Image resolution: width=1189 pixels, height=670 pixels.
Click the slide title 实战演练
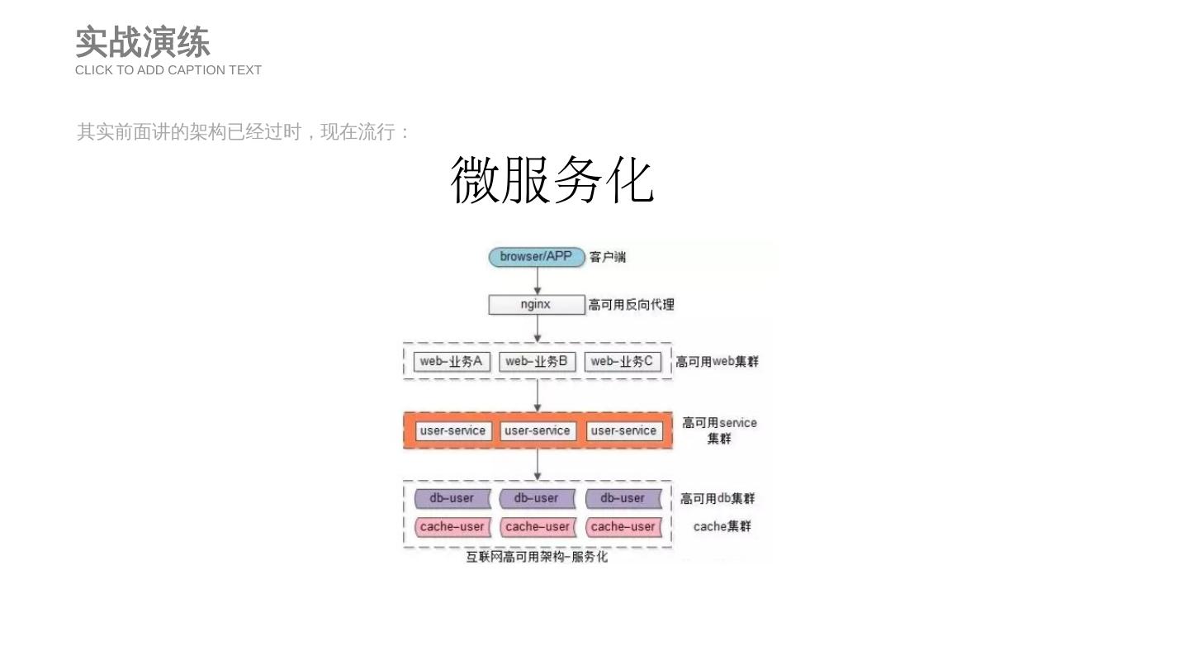[142, 42]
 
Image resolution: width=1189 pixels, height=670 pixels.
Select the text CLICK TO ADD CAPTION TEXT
[168, 70]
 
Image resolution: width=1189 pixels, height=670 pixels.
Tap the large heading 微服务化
[552, 180]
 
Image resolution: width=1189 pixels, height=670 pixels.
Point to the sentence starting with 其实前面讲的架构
[244, 132]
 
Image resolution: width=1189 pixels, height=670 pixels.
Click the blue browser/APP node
[536, 257]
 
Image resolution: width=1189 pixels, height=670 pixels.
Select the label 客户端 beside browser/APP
[608, 258]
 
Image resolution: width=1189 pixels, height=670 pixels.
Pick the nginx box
[536, 305]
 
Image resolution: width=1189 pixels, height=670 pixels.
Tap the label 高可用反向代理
[632, 305]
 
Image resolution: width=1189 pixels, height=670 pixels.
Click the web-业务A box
[452, 362]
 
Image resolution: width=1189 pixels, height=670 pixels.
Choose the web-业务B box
[537, 362]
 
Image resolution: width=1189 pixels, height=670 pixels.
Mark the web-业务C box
[623, 362]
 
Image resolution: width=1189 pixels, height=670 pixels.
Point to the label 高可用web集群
[717, 362]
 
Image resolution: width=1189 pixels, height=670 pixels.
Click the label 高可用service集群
[719, 430]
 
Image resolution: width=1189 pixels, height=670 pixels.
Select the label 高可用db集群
[718, 499]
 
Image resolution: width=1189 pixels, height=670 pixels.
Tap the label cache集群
[722, 527]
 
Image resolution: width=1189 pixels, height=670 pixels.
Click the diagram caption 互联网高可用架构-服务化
[537, 557]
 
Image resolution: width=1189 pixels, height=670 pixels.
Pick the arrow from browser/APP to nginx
[538, 281]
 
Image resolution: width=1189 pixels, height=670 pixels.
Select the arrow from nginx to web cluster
[538, 328]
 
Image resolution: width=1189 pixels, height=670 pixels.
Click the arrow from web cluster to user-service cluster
[538, 396]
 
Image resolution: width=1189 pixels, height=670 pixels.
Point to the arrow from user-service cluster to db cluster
[538, 464]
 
